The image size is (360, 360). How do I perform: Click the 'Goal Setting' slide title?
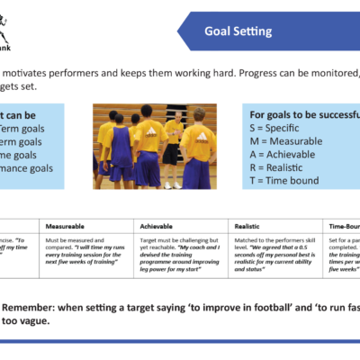(238, 31)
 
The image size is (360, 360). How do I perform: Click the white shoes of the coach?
(171, 185)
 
